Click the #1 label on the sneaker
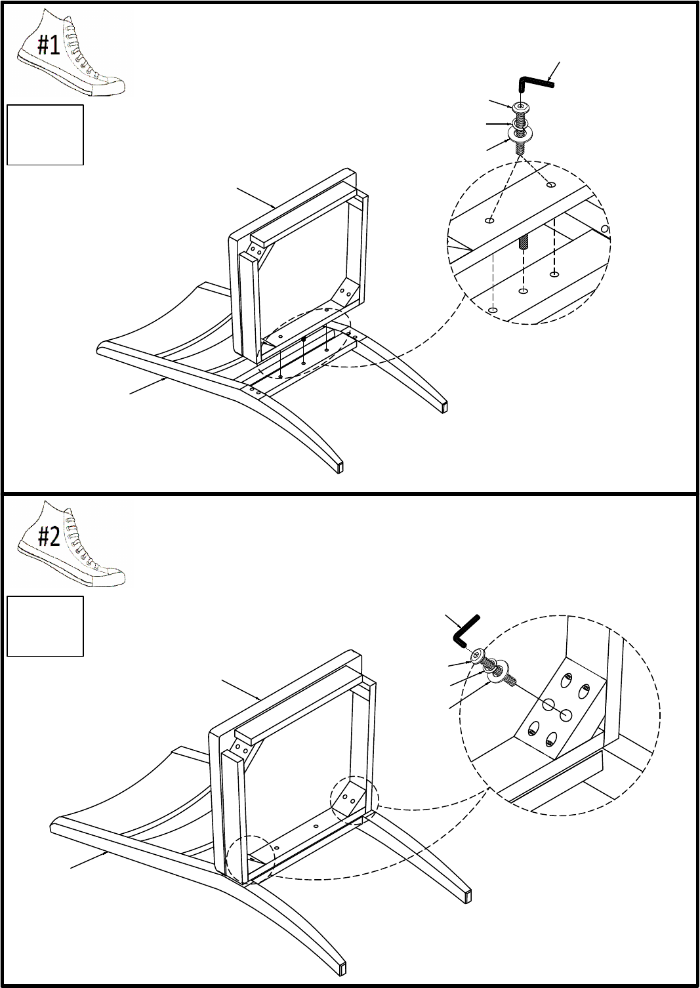coord(49,45)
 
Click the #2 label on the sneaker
coord(49,536)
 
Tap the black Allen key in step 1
coord(535,82)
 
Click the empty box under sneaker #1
coord(45,135)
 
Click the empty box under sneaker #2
coord(45,626)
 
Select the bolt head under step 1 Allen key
coord(522,107)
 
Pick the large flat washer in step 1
coord(522,133)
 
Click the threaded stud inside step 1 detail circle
coord(523,242)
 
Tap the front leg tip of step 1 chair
coord(340,467)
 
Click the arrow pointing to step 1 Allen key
coord(553,71)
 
